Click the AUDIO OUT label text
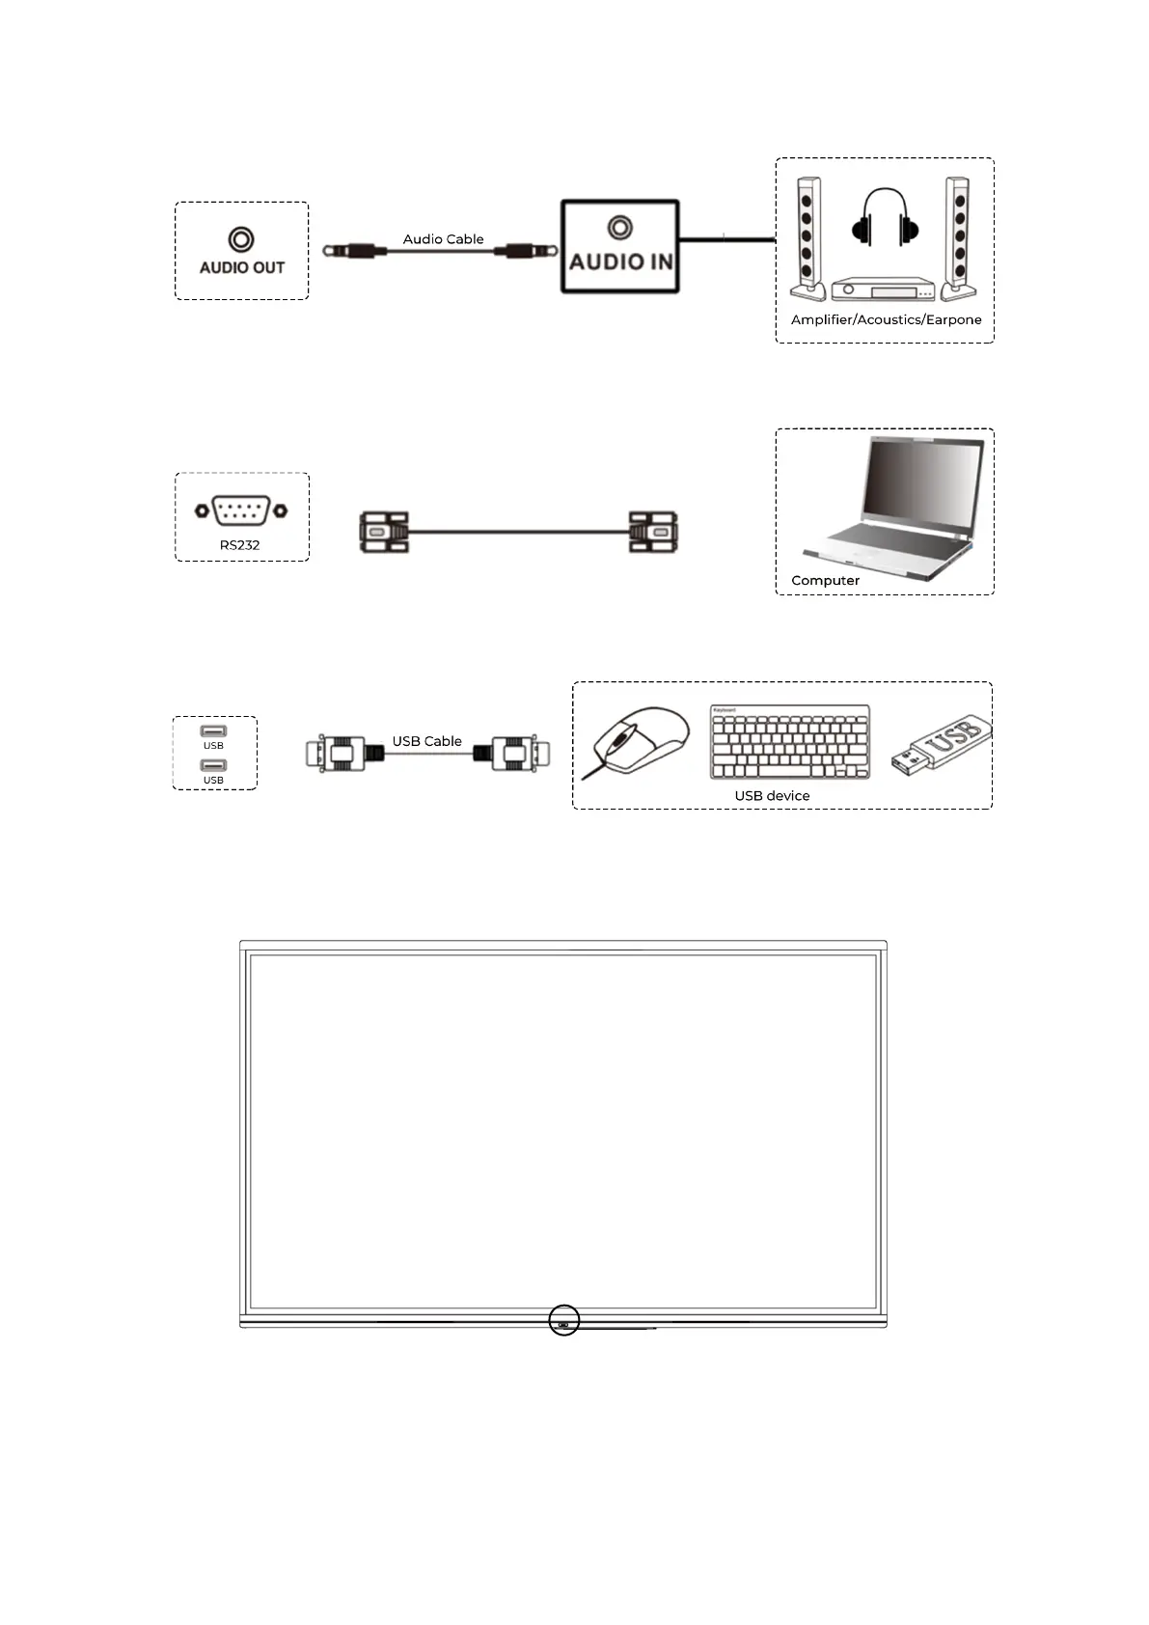[241, 267]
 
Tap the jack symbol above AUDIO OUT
[241, 239]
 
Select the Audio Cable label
[443, 239]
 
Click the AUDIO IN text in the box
[620, 262]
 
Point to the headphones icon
[885, 217]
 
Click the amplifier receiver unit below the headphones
[884, 289]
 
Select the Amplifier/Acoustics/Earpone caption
[886, 319]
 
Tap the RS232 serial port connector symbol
[240, 510]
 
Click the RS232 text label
[239, 545]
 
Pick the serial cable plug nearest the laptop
[653, 532]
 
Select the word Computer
[825, 580]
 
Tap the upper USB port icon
[213, 731]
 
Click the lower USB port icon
[213, 766]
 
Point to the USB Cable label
[426, 741]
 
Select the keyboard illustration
[789, 742]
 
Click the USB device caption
[772, 796]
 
